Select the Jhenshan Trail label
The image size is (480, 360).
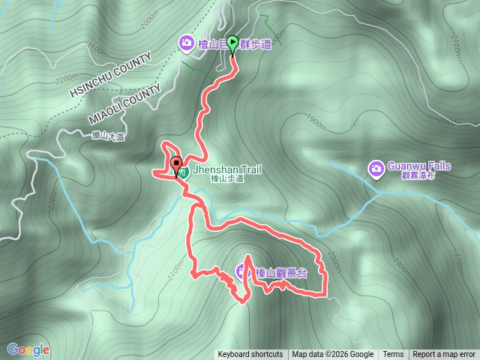coord(227,170)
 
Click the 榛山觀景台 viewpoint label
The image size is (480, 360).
coord(281,273)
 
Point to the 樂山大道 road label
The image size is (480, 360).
coord(107,136)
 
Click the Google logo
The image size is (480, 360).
coord(28,349)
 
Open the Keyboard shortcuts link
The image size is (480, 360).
coord(250,355)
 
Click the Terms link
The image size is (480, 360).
coord(393,355)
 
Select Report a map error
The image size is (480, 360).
coord(444,355)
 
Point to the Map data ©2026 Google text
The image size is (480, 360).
coord(333,355)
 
